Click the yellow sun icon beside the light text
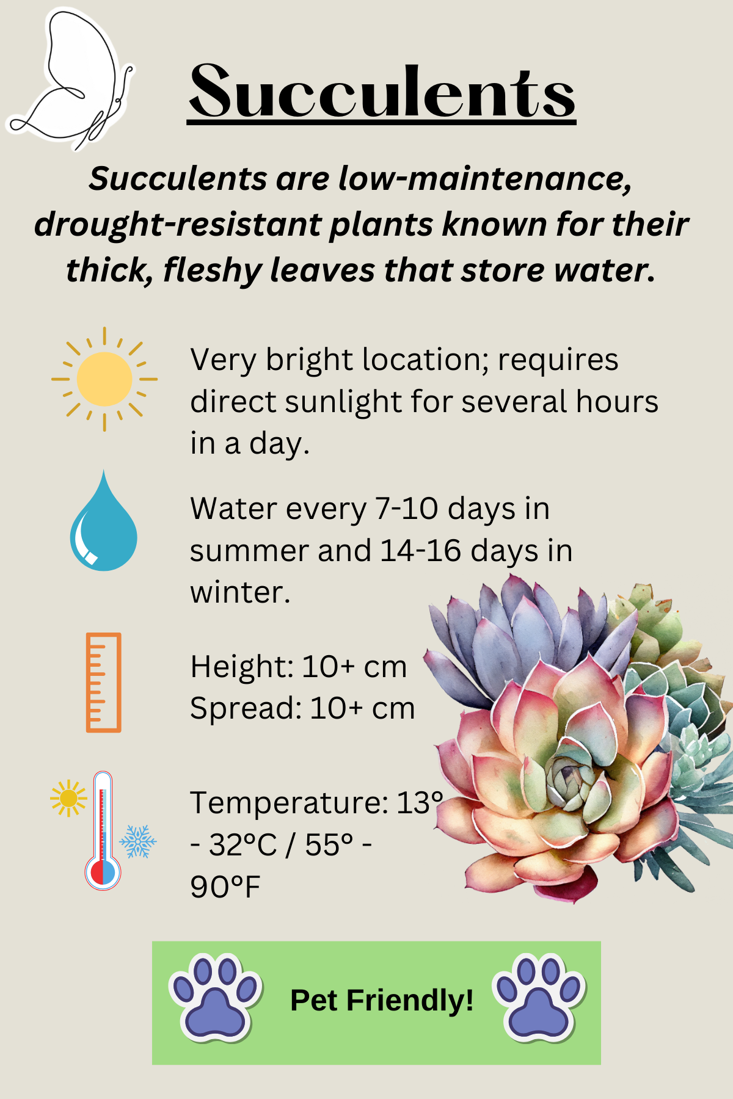coord(104,379)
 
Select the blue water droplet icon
coord(104,521)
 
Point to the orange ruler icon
coord(103,682)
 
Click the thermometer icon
coord(103,830)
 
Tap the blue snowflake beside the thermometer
coord(138,841)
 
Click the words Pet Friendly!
coord(382,1000)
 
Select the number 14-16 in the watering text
coord(420,551)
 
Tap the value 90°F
coord(225,887)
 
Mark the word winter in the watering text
coord(239,592)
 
